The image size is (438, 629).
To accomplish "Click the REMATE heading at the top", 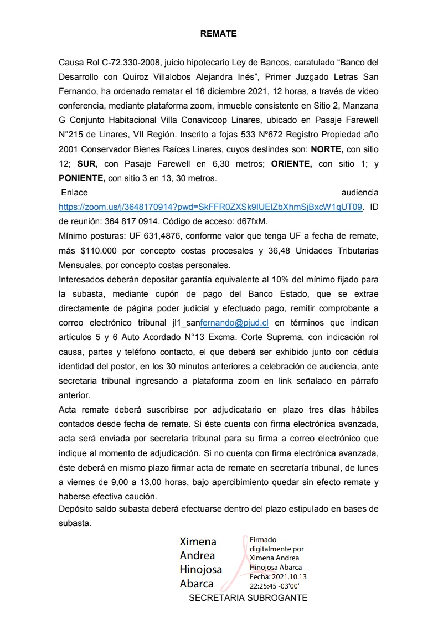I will (x=218, y=34).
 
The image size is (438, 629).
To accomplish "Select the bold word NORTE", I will (x=327, y=149).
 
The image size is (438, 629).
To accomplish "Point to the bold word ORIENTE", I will (x=291, y=164).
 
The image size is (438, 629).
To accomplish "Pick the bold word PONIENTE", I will (x=82, y=178).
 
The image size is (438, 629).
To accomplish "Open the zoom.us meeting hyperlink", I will (x=211, y=207).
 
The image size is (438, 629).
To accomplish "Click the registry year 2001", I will (x=69, y=149).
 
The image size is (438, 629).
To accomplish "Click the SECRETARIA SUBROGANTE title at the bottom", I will (x=248, y=598).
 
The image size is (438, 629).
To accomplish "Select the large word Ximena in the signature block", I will (x=198, y=542).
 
